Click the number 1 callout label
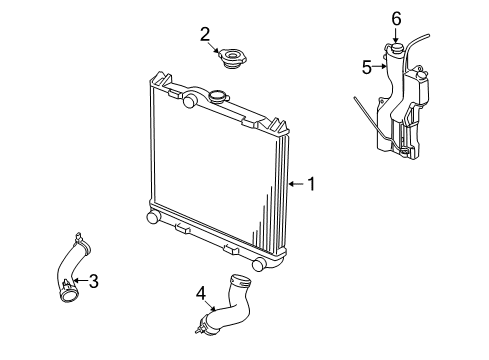[x=311, y=184]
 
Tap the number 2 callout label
[x=204, y=34]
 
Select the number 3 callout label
[x=93, y=281]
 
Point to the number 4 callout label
[x=200, y=293]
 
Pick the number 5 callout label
[x=366, y=67]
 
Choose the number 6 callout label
[x=396, y=18]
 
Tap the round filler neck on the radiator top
[x=218, y=97]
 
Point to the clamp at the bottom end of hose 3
[x=69, y=292]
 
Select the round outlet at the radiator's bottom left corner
[x=153, y=217]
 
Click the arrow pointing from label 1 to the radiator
[x=295, y=184]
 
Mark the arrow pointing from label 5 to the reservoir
[x=380, y=68]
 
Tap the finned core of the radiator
[x=215, y=170]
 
